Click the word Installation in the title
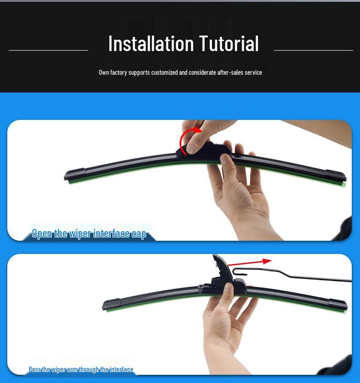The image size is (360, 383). click(x=151, y=43)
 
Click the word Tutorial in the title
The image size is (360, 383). click(x=229, y=43)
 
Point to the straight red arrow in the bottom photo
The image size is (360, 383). click(x=249, y=263)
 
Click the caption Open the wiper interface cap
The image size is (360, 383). click(x=89, y=234)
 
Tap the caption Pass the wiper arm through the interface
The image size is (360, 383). click(x=81, y=369)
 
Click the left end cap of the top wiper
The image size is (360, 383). click(x=75, y=174)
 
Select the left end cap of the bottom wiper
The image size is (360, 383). click(x=111, y=305)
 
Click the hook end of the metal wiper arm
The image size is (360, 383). click(x=238, y=271)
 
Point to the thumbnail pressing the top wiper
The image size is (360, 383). click(x=224, y=159)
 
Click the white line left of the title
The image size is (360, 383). click(x=48, y=50)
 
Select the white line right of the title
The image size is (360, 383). click(x=314, y=50)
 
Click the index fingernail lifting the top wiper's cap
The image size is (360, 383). click(x=190, y=149)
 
